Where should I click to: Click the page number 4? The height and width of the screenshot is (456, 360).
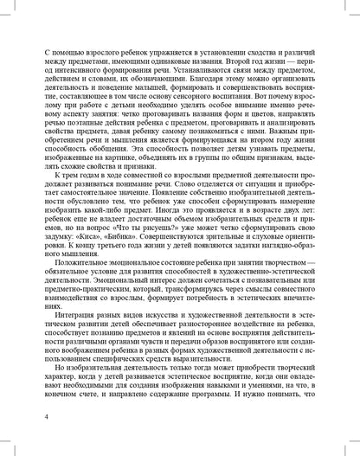[32, 417]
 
